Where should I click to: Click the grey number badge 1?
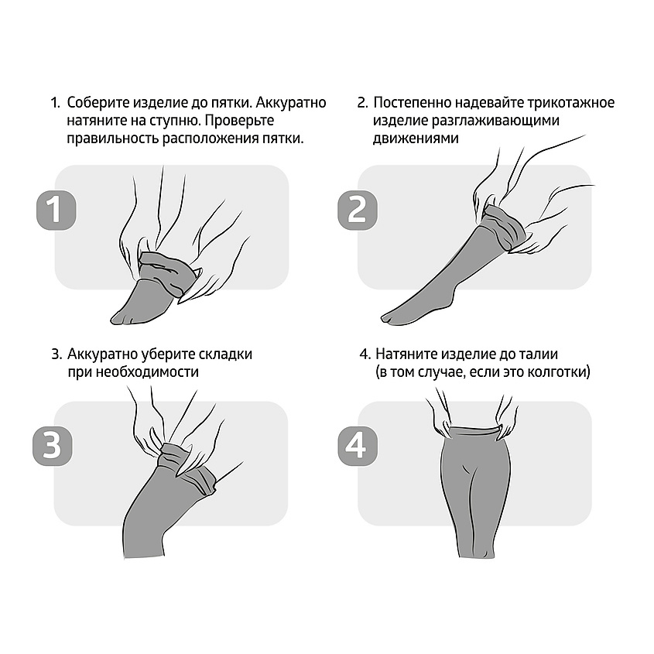(56, 210)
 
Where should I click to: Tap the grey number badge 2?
(358, 210)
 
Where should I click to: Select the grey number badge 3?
(53, 446)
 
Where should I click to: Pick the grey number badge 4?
(358, 446)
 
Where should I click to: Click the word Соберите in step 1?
(98, 103)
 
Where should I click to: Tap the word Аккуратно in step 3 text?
(102, 354)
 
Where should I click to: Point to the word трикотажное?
(570, 103)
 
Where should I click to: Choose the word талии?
(537, 354)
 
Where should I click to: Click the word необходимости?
(147, 372)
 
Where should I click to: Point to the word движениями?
(416, 139)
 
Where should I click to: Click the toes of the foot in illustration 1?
(121, 317)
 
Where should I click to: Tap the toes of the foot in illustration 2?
(392, 317)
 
